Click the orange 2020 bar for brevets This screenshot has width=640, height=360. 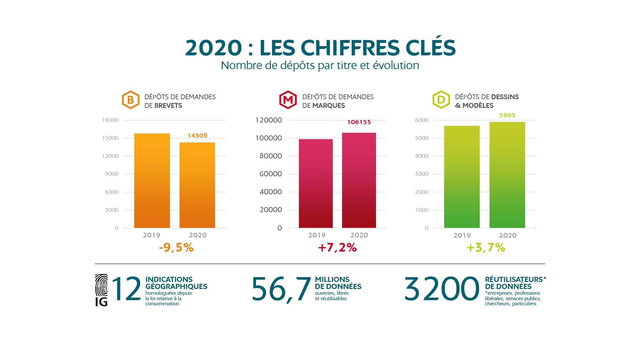197,185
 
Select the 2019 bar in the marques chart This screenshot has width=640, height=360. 316,183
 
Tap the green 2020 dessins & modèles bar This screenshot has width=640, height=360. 507,175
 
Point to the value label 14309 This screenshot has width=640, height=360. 197,135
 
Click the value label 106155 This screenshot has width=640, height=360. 359,122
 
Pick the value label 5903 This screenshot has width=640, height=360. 507,115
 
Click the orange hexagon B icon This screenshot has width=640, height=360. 131,100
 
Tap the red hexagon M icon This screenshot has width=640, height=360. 288,100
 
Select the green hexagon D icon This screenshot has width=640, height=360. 441,100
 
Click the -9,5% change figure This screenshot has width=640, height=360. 176,247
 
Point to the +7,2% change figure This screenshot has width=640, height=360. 337,247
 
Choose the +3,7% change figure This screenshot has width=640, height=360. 486,247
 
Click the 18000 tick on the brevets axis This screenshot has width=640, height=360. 110,120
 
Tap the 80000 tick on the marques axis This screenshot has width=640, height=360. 271,156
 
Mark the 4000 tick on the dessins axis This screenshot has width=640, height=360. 422,156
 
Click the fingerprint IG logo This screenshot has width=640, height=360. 101,290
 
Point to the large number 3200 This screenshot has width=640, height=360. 442,289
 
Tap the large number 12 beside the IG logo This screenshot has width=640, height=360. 126,289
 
